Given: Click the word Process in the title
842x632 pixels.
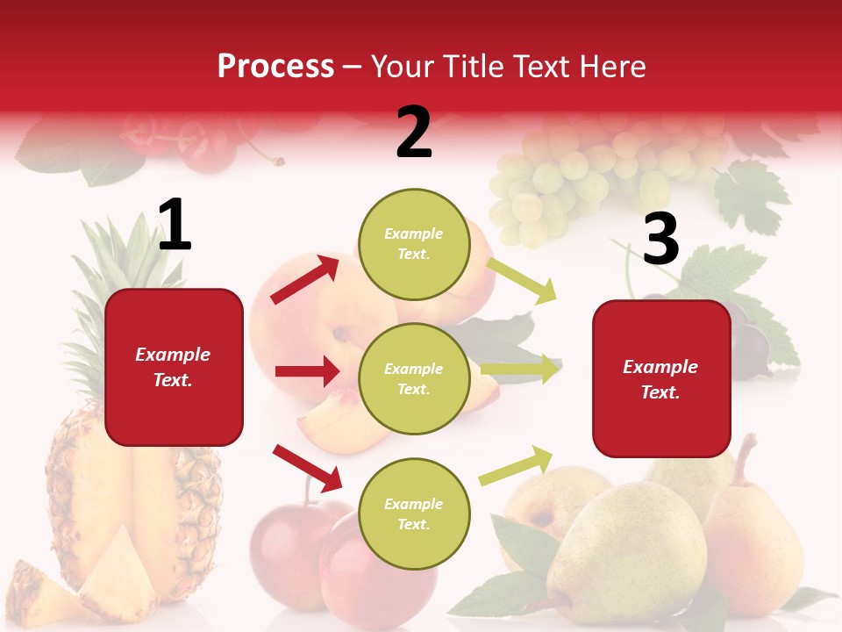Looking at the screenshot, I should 275,67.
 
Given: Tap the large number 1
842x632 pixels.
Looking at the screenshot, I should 175,226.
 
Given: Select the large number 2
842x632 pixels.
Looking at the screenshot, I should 414,133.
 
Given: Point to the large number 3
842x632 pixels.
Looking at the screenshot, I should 660,239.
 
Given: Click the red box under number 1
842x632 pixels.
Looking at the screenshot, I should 174,367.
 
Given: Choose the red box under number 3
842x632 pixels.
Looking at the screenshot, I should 661,379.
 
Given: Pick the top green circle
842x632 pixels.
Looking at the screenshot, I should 414,244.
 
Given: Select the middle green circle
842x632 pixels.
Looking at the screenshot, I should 414,379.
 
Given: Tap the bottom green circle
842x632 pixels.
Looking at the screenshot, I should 414,514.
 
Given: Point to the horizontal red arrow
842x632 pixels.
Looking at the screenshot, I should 307,371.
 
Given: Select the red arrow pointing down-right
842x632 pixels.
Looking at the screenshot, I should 307,467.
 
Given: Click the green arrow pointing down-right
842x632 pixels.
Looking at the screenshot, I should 521,281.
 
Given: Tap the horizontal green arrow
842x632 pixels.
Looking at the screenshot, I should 519,369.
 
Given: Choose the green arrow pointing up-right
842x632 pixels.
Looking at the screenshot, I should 516,465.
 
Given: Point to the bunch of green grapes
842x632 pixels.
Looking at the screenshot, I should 561,180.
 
